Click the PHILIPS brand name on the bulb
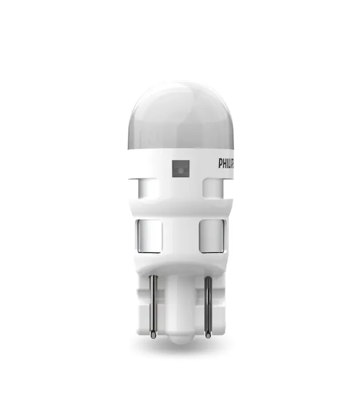[x=226, y=164]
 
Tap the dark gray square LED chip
[x=181, y=169]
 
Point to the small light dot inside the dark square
[x=181, y=170]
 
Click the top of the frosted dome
[x=181, y=82]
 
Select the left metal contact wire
[x=153, y=307]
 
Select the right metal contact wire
[x=208, y=307]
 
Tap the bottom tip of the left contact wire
[x=153, y=338]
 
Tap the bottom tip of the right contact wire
[x=208, y=338]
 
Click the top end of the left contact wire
[x=153, y=275]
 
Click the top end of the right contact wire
[x=208, y=277]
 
